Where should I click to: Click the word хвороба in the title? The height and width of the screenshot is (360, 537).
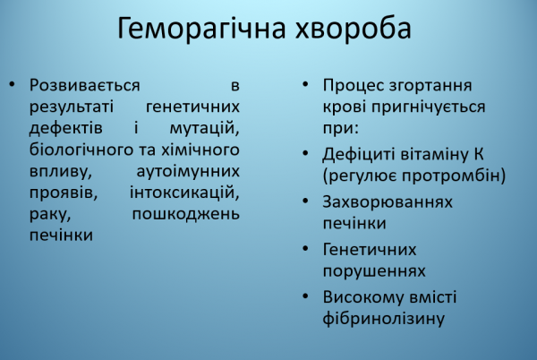point(354,29)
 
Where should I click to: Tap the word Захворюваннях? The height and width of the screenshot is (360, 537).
point(388,202)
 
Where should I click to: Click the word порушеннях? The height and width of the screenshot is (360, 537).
point(374,270)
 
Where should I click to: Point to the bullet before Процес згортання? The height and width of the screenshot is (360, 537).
point(305,86)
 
